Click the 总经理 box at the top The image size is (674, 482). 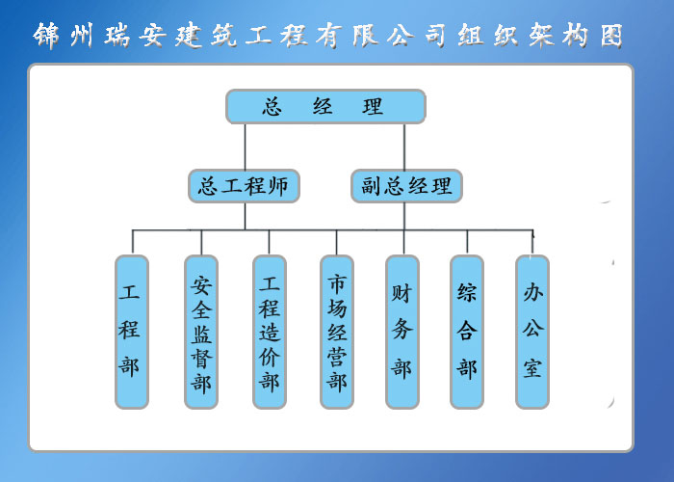click(x=325, y=106)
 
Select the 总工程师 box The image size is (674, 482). click(x=244, y=186)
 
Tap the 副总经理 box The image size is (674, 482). click(x=406, y=186)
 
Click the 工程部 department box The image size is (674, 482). click(x=132, y=332)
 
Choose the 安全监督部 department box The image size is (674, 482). click(x=200, y=332)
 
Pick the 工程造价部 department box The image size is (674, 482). click(x=269, y=332)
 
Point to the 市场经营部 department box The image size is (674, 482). click(x=337, y=332)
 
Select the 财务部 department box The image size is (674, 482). click(x=402, y=332)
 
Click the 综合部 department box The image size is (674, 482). click(x=467, y=332)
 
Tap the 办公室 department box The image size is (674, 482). click(x=532, y=332)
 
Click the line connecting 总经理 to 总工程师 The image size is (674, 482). click(x=245, y=147)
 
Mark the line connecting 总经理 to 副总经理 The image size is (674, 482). click(x=404, y=147)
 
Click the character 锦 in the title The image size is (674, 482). click(x=46, y=36)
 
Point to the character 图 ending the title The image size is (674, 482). click(x=611, y=36)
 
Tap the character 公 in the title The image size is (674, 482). click(x=401, y=36)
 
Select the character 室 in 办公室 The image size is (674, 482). click(x=532, y=368)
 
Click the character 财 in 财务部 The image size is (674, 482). click(x=402, y=293)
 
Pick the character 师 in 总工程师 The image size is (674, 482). click(x=278, y=186)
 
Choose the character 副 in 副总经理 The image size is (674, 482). click(x=373, y=186)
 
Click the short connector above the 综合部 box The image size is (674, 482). click(x=467, y=242)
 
